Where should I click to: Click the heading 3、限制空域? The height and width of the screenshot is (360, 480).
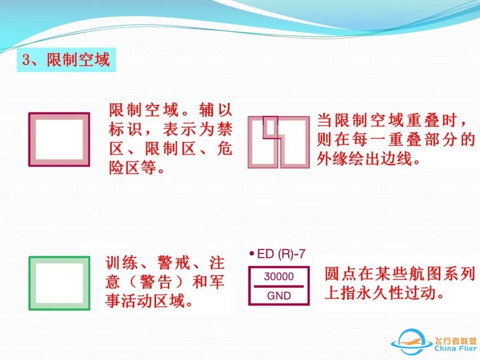pyautogui.click(x=66, y=60)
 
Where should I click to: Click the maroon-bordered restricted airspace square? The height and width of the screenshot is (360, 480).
pyautogui.click(x=59, y=140)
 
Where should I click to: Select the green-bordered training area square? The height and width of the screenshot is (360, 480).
pyautogui.click(x=59, y=283)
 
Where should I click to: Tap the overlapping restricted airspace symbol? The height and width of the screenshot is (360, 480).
pyautogui.click(x=278, y=142)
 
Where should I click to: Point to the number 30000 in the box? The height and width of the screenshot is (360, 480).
pyautogui.click(x=279, y=276)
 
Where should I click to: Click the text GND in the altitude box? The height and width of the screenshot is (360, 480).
pyautogui.click(x=279, y=296)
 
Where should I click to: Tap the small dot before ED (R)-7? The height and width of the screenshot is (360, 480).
pyautogui.click(x=252, y=254)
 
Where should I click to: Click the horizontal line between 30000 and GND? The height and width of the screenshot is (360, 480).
pyautogui.click(x=279, y=286)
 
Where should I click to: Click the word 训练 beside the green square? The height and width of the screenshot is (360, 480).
pyautogui.click(x=120, y=263)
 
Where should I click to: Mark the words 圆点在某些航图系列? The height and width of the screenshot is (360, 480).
pyautogui.click(x=400, y=274)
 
